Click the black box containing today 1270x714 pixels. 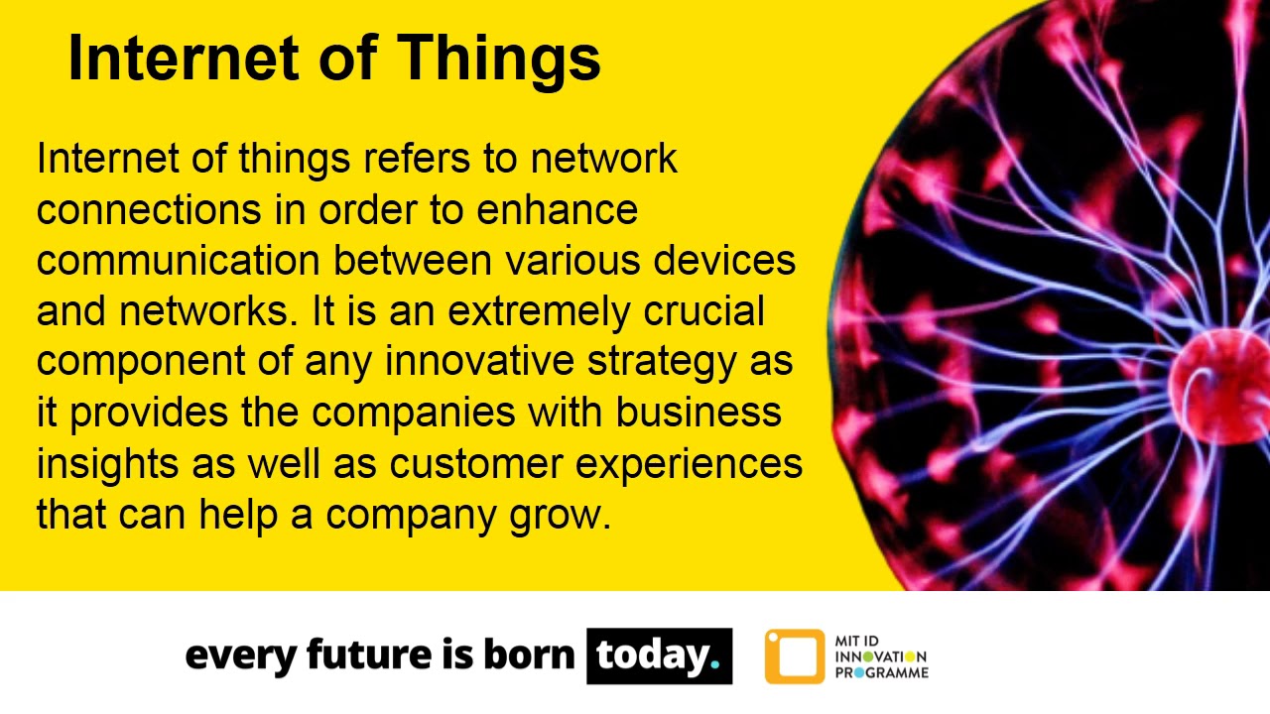point(659,655)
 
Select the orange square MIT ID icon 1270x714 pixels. point(794,656)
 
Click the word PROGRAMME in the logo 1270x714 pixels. point(881,672)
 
